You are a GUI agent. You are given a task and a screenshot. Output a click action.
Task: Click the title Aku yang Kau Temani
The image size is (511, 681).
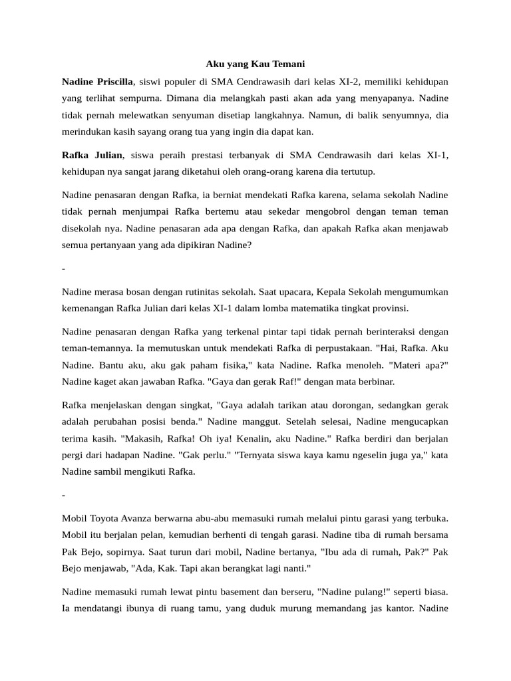pyautogui.click(x=255, y=64)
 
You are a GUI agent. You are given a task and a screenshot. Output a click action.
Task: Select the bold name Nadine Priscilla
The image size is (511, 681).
pyautogui.click(x=97, y=82)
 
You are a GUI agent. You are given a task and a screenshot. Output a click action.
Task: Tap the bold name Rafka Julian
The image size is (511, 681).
pyautogui.click(x=92, y=155)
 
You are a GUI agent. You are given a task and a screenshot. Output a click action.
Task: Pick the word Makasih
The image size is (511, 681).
pyautogui.click(x=143, y=439)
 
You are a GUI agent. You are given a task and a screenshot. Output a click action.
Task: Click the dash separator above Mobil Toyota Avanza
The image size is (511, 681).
pyautogui.click(x=63, y=495)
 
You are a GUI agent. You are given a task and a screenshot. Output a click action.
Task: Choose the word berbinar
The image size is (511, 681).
pyautogui.click(x=375, y=382)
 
